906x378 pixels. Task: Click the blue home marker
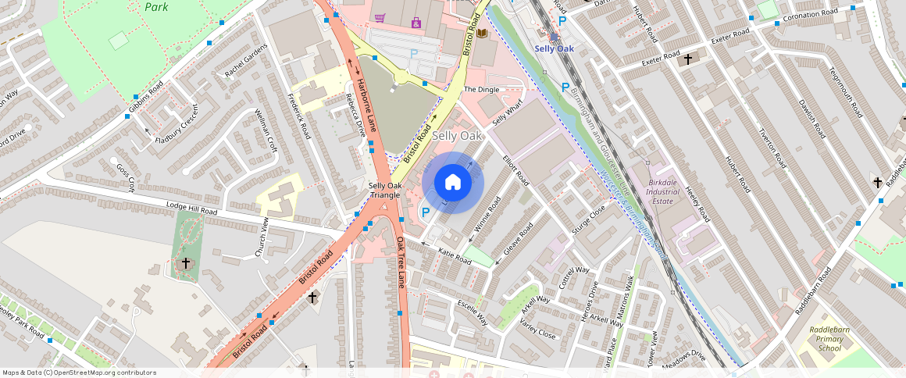point(453,183)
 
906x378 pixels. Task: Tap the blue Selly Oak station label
point(554,48)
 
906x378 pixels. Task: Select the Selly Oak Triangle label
point(385,190)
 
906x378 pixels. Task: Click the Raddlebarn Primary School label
point(829,339)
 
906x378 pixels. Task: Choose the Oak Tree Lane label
point(402,262)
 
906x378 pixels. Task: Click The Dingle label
point(481,90)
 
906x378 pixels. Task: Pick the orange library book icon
point(482,33)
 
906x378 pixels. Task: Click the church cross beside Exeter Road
point(688,59)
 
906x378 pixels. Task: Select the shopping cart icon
point(380,17)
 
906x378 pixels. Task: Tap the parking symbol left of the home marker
point(426,212)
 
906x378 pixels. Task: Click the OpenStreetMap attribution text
point(80,373)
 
